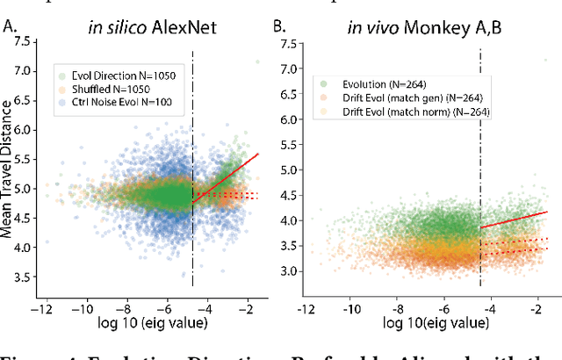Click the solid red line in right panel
[x=518, y=219]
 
